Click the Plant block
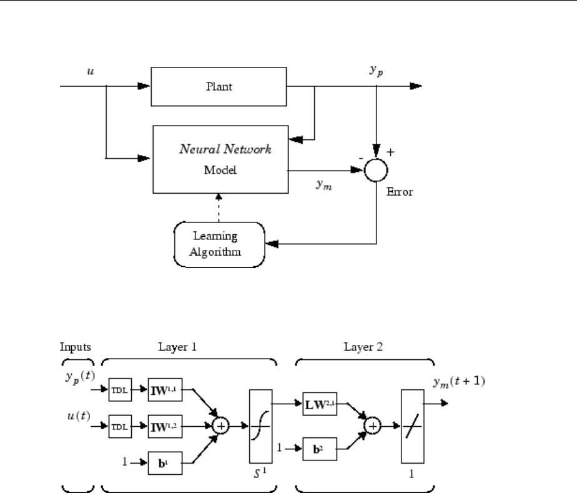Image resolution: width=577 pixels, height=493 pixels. pyautogui.click(x=219, y=87)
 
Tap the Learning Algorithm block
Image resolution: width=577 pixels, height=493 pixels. pyautogui.click(x=219, y=244)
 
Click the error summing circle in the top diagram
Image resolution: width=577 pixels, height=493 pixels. pyautogui.click(x=376, y=169)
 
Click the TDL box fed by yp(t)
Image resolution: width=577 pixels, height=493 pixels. pyautogui.click(x=118, y=392)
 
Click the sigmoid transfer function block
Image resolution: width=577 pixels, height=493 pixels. pyautogui.click(x=260, y=426)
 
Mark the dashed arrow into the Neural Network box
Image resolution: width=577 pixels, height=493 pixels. pyautogui.click(x=219, y=208)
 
